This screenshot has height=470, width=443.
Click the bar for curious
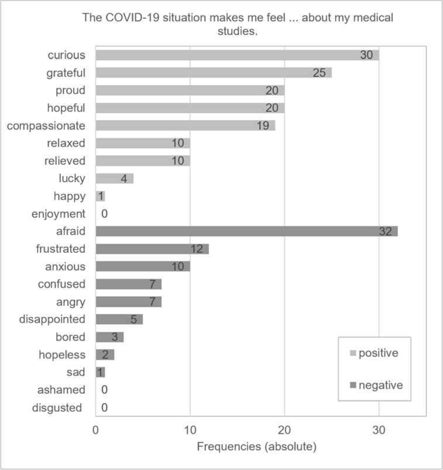pos(237,55)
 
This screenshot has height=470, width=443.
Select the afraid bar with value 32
pos(246,231)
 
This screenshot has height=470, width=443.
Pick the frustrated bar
pos(152,249)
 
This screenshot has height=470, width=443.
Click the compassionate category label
pos(46,126)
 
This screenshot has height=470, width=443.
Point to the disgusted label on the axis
pos(57,408)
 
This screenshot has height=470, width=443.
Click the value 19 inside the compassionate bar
pos(263,126)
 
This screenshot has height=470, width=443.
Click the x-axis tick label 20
pos(284,429)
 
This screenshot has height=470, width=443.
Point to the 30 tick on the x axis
pos(379,429)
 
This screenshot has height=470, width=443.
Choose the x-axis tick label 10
pos(190,429)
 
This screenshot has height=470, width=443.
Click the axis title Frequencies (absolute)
pos(256,447)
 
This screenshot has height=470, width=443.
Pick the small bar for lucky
pos(115,179)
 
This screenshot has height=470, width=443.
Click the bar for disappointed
pos(119,320)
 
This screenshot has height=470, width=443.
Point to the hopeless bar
pos(105,355)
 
